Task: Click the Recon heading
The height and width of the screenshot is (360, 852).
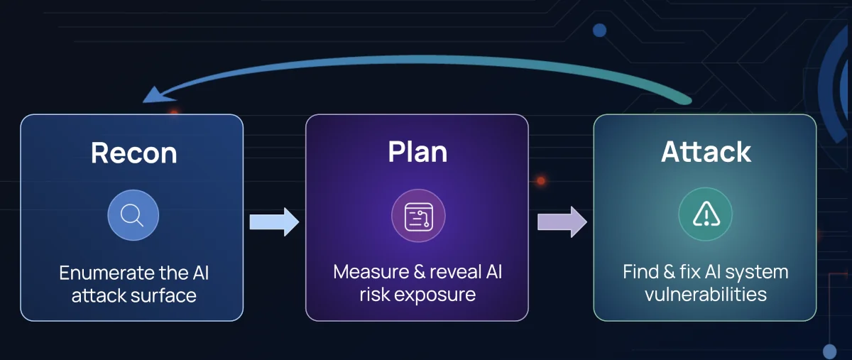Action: click(x=133, y=153)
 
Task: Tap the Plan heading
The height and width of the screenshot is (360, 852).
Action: click(x=417, y=152)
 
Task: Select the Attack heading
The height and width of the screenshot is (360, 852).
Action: click(x=706, y=152)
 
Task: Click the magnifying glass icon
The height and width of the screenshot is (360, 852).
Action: click(x=133, y=214)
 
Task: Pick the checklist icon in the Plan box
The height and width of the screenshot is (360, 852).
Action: click(x=418, y=217)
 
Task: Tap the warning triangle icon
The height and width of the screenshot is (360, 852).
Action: click(x=706, y=214)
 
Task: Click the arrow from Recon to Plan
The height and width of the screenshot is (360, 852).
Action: click(x=274, y=222)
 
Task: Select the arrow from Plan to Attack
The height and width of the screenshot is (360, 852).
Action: click(x=562, y=222)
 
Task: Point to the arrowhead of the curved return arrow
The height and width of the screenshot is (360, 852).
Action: click(x=151, y=94)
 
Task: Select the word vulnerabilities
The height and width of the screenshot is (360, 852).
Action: click(x=706, y=294)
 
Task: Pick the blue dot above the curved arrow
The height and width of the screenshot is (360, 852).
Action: click(x=599, y=31)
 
